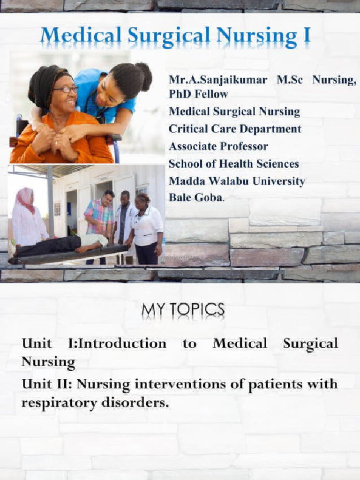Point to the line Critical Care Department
235,129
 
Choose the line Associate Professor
218,146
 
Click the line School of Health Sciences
233,164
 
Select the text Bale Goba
196,198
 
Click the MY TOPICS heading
183,310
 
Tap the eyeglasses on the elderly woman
65,89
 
